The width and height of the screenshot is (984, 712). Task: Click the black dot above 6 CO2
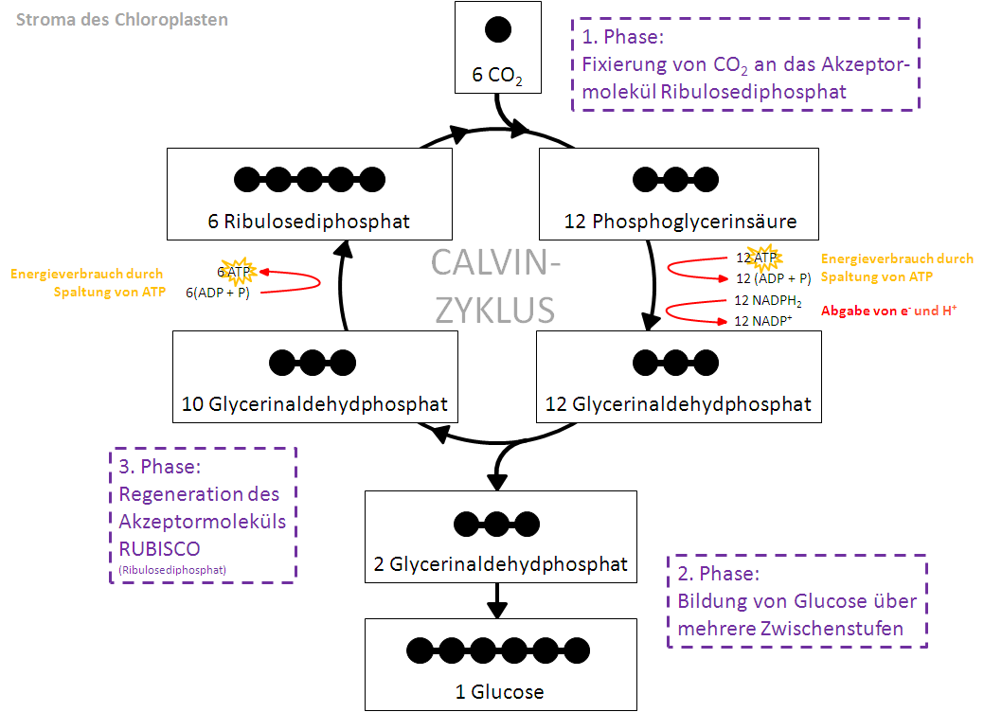click(498, 29)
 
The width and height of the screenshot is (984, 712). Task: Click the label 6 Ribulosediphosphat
click(309, 222)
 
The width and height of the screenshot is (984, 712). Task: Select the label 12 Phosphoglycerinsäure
click(680, 222)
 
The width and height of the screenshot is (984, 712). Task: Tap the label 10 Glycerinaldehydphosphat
click(314, 405)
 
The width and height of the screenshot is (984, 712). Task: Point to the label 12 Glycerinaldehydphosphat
click(678, 405)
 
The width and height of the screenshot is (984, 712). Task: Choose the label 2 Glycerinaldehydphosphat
click(501, 564)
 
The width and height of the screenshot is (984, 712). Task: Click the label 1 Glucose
click(500, 691)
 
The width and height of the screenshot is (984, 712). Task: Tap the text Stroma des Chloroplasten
click(121, 19)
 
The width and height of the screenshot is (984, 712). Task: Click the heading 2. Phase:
click(719, 574)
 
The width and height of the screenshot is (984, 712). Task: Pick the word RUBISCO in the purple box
click(159, 548)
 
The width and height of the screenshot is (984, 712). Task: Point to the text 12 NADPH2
click(768, 300)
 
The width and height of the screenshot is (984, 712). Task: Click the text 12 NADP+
click(762, 321)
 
